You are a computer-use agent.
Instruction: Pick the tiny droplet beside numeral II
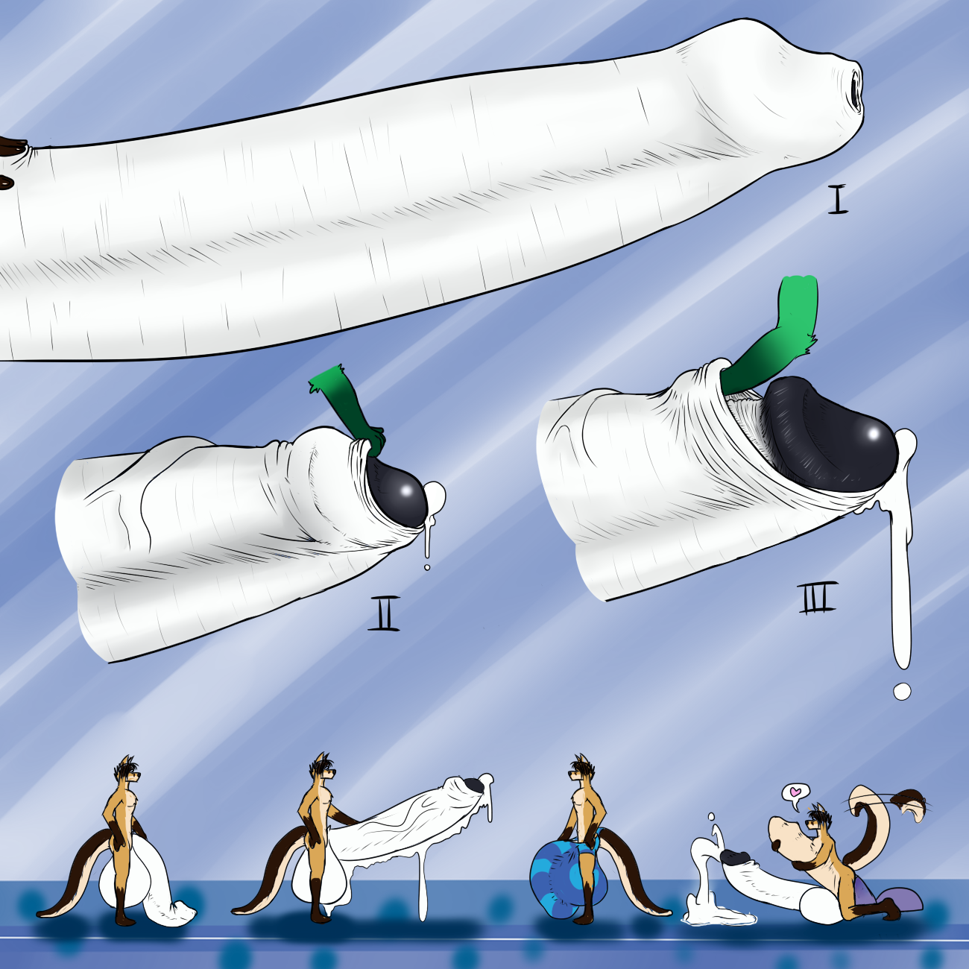coord(427,567)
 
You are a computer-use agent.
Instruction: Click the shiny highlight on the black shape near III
coord(874,432)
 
